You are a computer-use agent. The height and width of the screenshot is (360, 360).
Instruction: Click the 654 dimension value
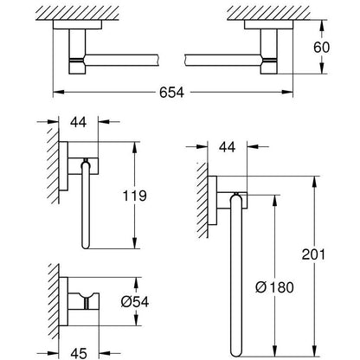click(171, 93)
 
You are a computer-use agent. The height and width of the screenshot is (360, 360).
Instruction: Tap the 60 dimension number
click(321, 47)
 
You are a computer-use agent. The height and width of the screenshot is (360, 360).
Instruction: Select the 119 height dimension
click(134, 196)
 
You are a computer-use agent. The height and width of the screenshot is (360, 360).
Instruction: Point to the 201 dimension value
click(313, 254)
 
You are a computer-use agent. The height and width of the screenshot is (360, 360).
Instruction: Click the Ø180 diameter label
click(274, 287)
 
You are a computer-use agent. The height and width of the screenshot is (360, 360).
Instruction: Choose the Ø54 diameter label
click(135, 302)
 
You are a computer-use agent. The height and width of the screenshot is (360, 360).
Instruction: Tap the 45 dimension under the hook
click(79, 353)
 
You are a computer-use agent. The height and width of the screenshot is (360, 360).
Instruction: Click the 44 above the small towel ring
click(78, 122)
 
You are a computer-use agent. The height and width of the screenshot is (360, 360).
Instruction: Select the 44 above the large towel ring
click(227, 147)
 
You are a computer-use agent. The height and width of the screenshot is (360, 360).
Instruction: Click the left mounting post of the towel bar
click(77, 51)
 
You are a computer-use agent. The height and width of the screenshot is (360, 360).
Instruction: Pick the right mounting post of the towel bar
click(269, 51)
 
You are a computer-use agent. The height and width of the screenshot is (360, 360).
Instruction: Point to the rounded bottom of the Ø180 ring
click(235, 352)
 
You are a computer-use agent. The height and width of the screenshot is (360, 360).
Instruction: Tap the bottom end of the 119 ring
click(86, 245)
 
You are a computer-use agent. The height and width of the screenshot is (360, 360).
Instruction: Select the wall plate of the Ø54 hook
click(63, 301)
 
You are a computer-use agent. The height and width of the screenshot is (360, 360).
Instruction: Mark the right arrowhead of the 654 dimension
click(287, 93)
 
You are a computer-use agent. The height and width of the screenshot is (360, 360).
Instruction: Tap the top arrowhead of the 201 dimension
click(314, 181)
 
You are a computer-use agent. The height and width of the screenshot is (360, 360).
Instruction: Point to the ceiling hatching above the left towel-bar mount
click(77, 13)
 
